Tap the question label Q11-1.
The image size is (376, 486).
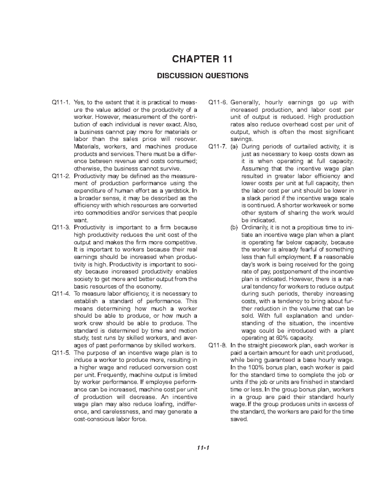(x=61, y=102)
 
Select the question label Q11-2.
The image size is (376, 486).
(x=61, y=176)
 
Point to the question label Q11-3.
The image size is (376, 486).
(x=61, y=228)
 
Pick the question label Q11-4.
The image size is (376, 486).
(x=61, y=294)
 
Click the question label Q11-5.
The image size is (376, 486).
(x=61, y=353)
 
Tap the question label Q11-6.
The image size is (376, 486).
(x=218, y=102)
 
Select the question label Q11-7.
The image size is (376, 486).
(x=218, y=146)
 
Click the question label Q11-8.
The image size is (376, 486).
(x=218, y=345)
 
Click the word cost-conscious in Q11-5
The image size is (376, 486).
(x=92, y=419)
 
